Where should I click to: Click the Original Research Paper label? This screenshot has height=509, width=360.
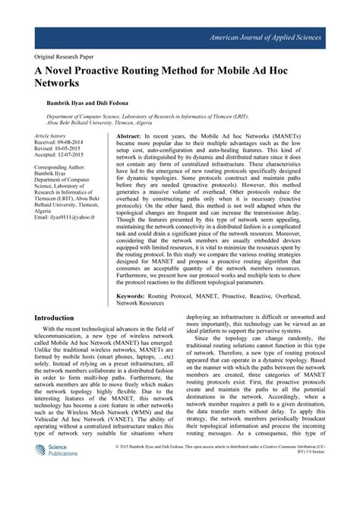tap(66, 56)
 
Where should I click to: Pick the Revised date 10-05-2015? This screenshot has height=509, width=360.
tap(59, 148)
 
